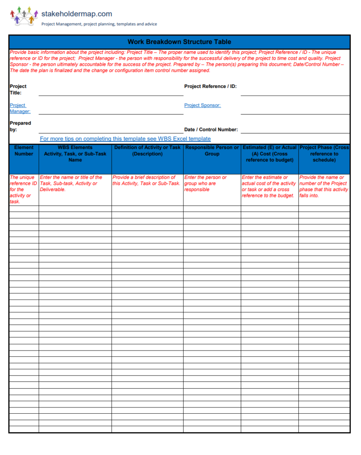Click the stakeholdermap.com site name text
click(x=76, y=14)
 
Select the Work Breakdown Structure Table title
click(x=179, y=42)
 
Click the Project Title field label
click(x=18, y=89)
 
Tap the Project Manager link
click(x=20, y=108)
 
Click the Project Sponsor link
click(x=202, y=105)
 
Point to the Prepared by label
click(x=20, y=126)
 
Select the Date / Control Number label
click(x=211, y=130)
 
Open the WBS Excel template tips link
click(x=125, y=139)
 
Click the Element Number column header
click(x=24, y=151)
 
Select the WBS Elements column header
click(x=75, y=154)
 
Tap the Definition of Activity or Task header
click(x=147, y=151)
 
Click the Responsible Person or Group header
click(x=212, y=151)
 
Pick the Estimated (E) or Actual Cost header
click(x=269, y=154)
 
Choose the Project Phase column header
click(x=324, y=154)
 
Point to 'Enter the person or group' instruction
click(x=205, y=183)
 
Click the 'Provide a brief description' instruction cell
click(x=146, y=180)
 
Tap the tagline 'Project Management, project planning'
click(x=99, y=24)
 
